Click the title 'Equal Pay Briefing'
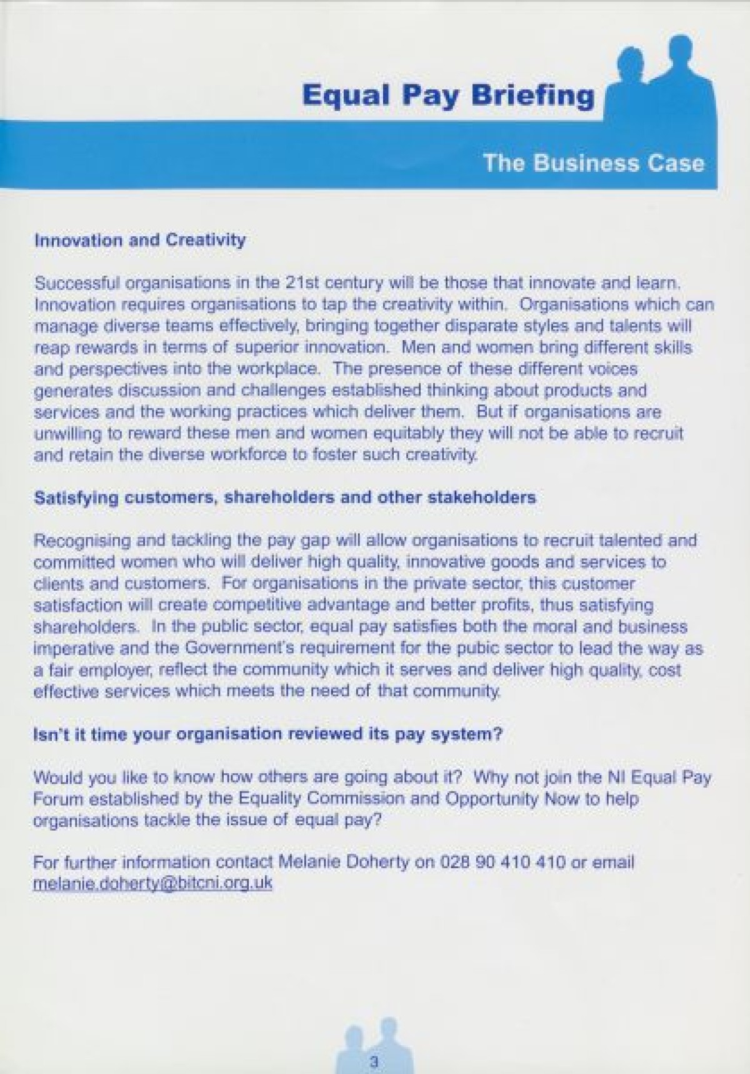447,96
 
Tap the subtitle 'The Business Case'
594,163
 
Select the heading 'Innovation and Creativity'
140,240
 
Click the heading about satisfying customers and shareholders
285,498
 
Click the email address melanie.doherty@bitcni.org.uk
152,883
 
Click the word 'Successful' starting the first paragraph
77,283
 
